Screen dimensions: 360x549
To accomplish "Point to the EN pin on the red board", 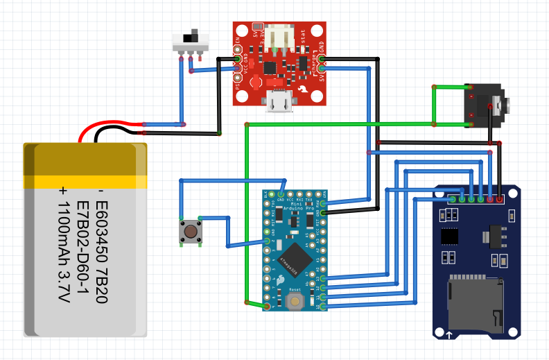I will [x=238, y=51].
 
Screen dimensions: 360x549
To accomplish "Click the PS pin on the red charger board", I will [x=238, y=87].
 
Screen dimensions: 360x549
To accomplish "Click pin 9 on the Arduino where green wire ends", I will [x=267, y=305].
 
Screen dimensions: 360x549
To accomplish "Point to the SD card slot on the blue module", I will [x=474, y=302].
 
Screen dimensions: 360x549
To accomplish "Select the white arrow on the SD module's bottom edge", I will [x=450, y=335].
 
